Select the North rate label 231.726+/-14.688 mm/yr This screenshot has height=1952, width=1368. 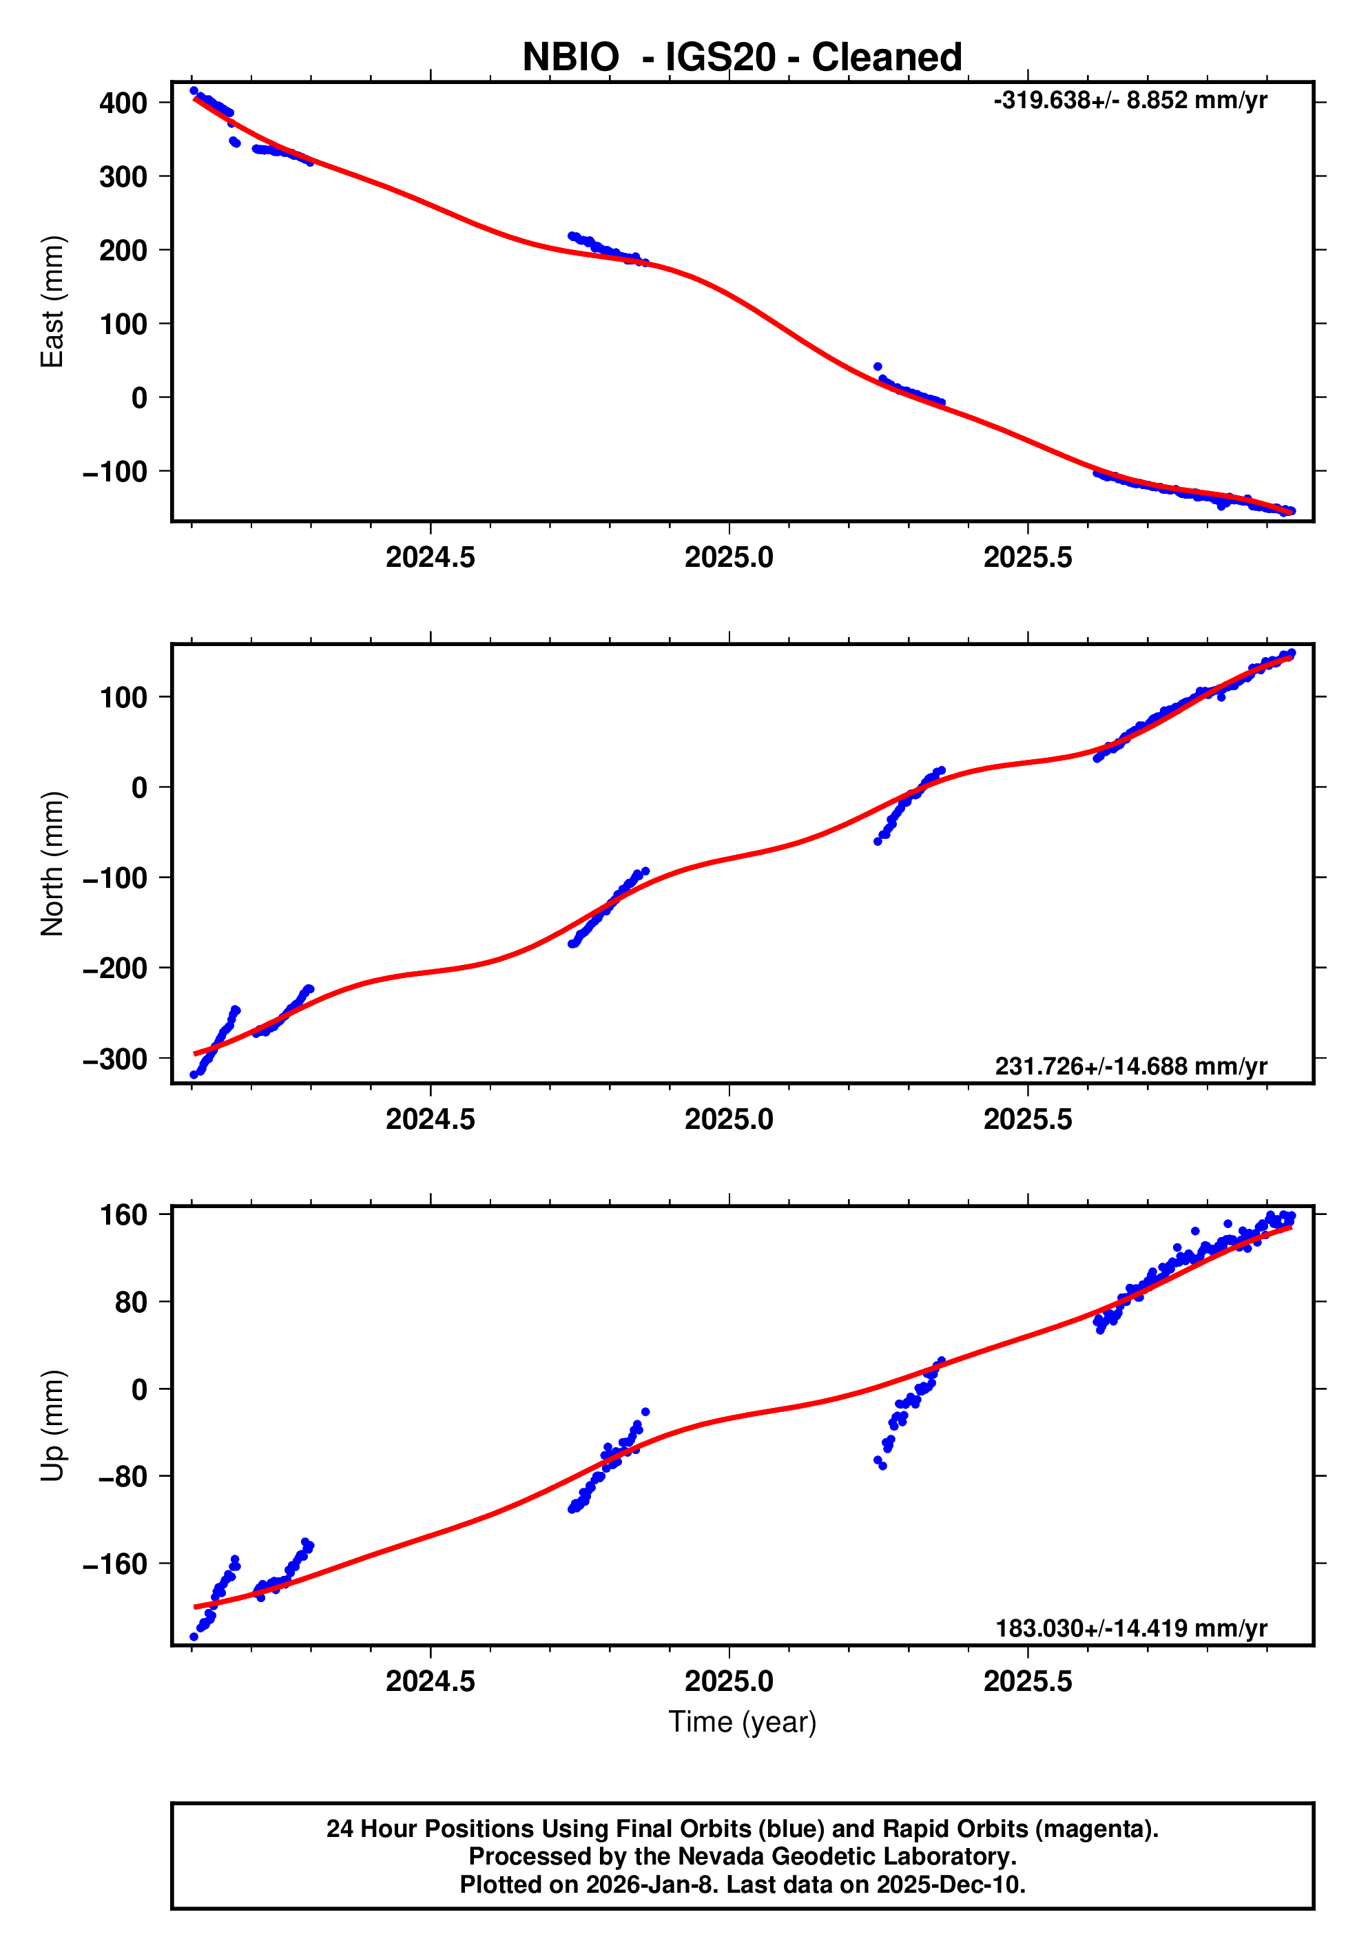(x=1131, y=1066)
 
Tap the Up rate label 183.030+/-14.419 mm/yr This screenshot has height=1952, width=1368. (x=1131, y=1628)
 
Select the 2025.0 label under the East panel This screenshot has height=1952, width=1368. (x=729, y=558)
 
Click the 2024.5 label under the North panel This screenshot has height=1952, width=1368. (x=431, y=1120)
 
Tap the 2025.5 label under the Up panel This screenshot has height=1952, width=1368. (x=1027, y=1681)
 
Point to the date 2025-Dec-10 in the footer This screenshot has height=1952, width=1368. (x=949, y=1884)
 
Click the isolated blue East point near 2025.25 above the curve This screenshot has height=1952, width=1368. (x=878, y=367)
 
